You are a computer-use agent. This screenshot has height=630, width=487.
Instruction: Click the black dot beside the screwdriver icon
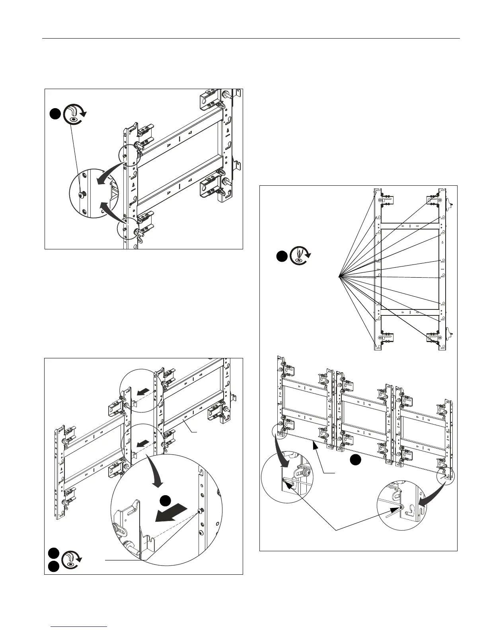(282, 257)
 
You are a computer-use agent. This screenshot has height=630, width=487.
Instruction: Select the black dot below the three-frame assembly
(355, 460)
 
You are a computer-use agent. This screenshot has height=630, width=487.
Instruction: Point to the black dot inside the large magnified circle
(166, 501)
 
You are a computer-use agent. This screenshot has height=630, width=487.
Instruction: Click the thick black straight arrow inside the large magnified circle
(171, 513)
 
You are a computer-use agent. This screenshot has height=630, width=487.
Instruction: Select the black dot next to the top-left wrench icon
(55, 114)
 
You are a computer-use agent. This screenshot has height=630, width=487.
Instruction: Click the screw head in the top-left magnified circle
(81, 195)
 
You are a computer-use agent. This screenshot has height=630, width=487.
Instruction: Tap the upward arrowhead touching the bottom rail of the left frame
(316, 447)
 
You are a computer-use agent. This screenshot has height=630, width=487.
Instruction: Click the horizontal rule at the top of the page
(251, 39)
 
